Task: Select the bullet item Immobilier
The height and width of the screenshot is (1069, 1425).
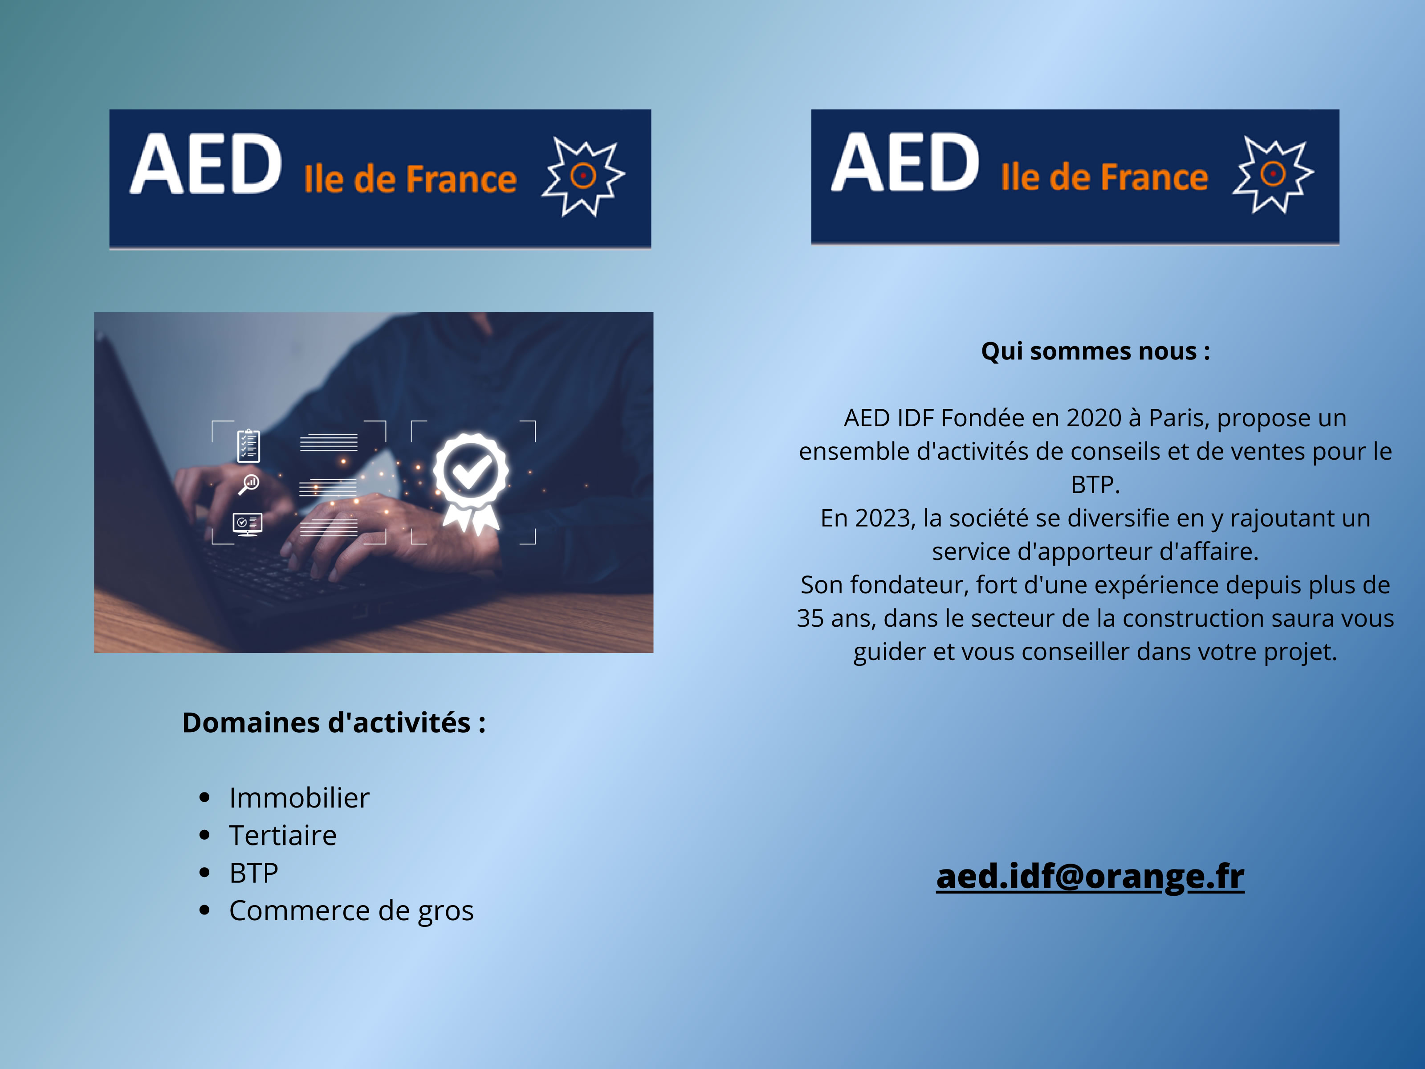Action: [x=299, y=798]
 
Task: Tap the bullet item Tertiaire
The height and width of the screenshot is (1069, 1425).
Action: [x=283, y=835]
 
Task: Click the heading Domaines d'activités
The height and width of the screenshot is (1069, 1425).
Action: [x=334, y=722]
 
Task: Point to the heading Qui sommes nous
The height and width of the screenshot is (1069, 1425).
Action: [x=1095, y=351]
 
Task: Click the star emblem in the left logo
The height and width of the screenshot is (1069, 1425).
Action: [x=583, y=176]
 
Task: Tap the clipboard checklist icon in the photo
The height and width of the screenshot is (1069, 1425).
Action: [x=248, y=446]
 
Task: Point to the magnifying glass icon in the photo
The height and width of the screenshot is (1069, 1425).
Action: [x=248, y=484]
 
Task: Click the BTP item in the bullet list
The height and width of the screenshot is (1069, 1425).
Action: [x=254, y=873]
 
